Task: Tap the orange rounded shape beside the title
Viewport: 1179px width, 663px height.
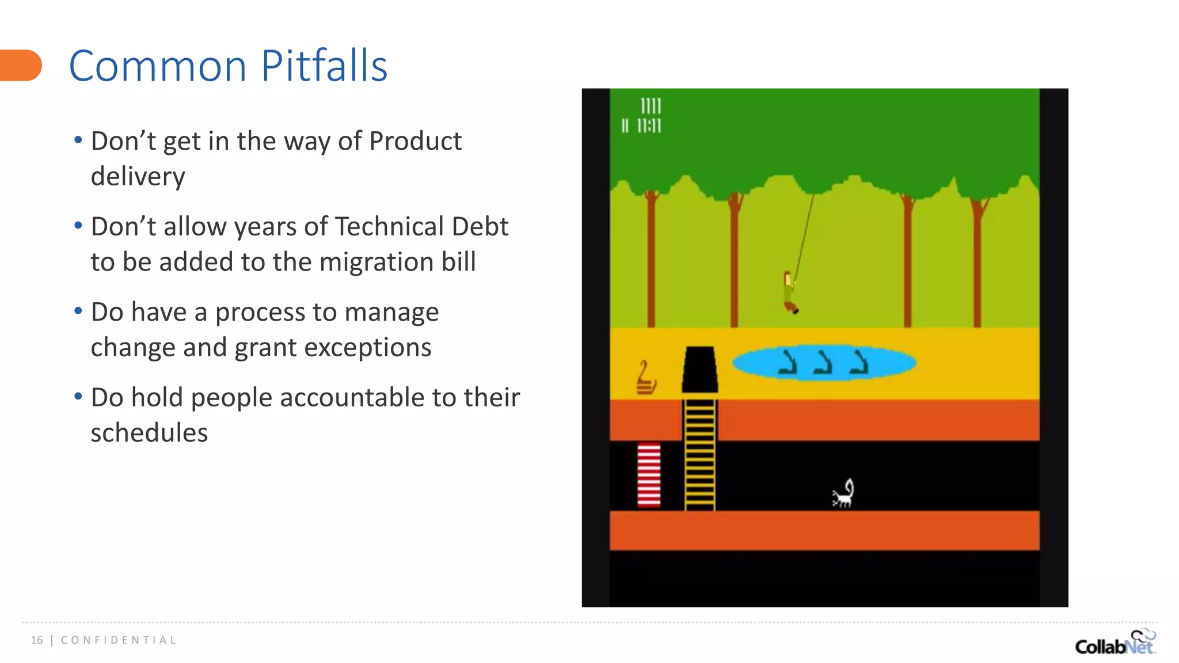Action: tap(21, 66)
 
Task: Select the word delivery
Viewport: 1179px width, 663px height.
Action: tap(138, 176)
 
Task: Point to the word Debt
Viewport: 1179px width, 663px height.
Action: tap(480, 227)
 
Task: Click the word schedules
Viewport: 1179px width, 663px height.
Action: tap(149, 433)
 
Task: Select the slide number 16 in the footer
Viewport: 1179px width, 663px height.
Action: tap(37, 640)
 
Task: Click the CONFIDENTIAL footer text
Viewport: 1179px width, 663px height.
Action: tap(119, 640)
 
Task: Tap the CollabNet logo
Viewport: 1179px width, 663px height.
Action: tap(1115, 643)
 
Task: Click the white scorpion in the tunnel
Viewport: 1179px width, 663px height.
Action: tap(843, 494)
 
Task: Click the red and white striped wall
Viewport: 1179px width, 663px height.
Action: tap(649, 475)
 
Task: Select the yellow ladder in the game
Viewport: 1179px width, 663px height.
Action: tap(700, 455)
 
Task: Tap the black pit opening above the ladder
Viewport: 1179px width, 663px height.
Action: tap(699, 369)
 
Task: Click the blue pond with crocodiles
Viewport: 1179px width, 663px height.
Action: tap(824, 363)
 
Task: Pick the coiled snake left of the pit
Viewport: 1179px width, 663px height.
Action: tap(646, 378)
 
